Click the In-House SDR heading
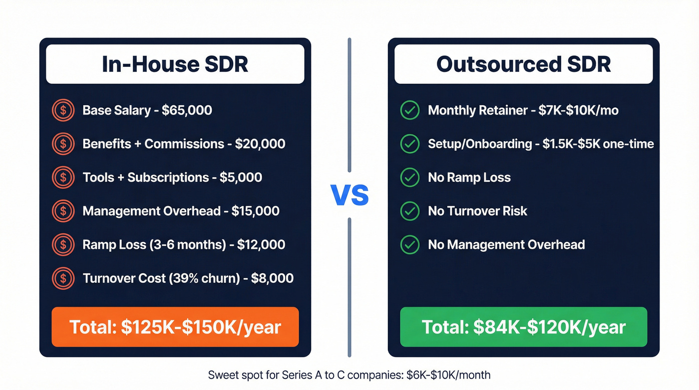tap(175, 64)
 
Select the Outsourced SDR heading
tap(523, 64)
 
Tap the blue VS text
tap(349, 195)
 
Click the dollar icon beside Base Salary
tap(63, 110)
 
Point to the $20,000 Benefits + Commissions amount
tap(260, 144)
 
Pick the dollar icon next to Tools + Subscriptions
tap(63, 177)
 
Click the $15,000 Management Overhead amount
tap(255, 211)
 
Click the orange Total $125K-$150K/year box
tap(175, 327)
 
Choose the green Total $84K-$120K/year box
tap(523, 327)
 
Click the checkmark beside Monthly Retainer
tap(410, 110)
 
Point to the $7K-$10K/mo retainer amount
tap(579, 110)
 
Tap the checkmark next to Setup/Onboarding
tap(410, 144)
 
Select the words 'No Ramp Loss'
tap(469, 177)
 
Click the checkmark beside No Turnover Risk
tap(410, 211)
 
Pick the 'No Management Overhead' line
tap(506, 245)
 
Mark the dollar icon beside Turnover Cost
tap(63, 278)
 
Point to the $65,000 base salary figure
tap(187, 110)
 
